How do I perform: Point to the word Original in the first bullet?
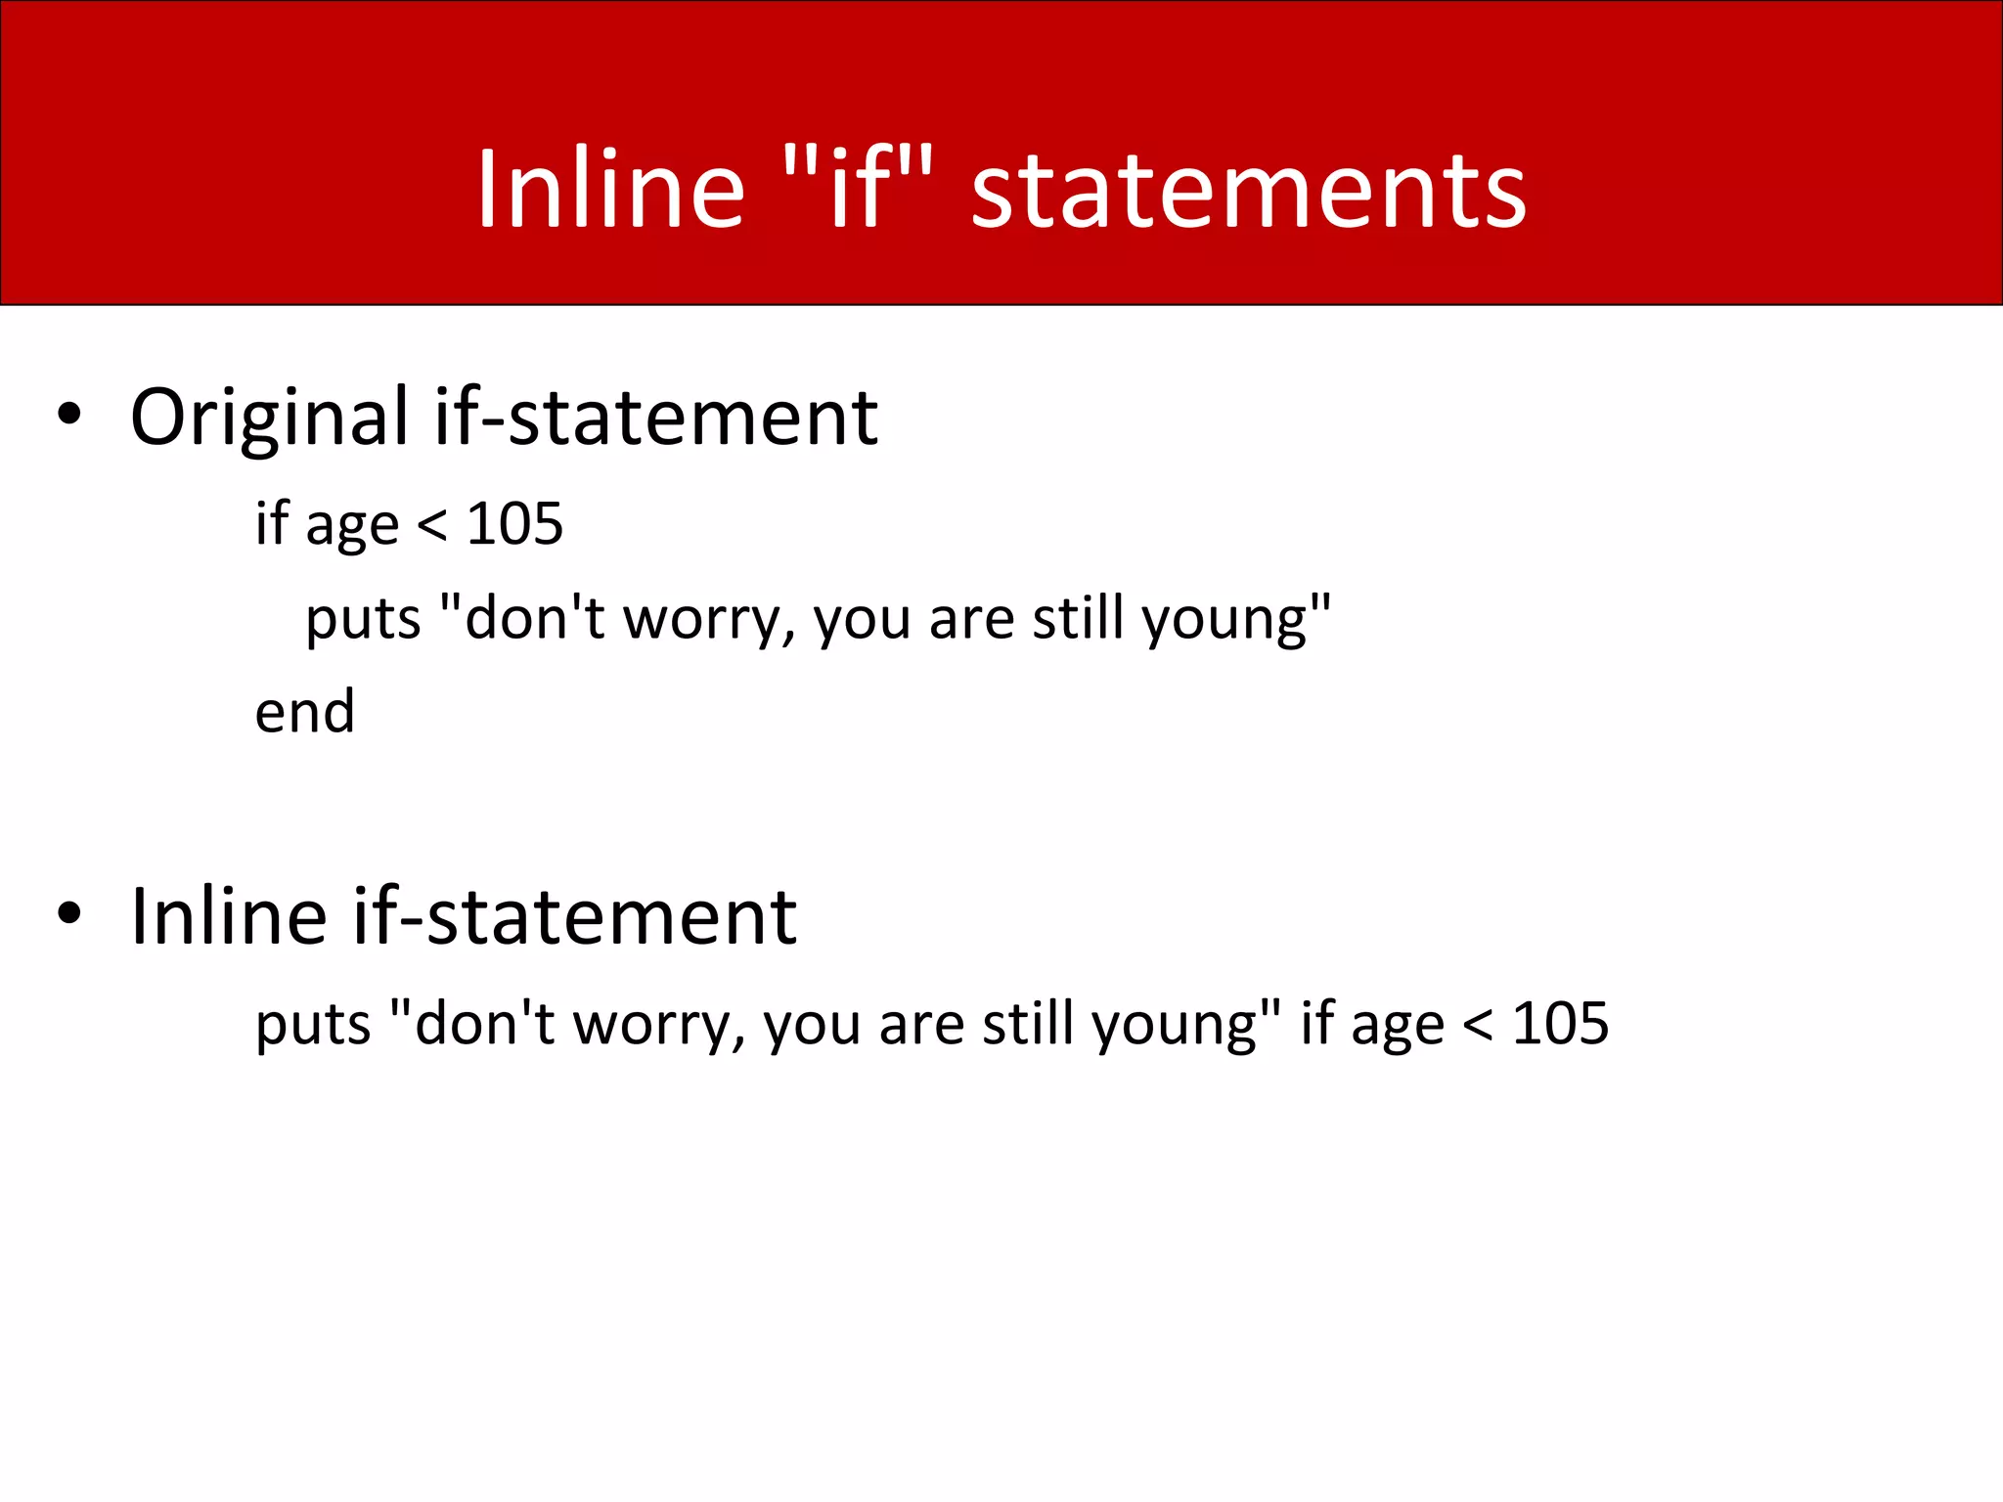pos(270,419)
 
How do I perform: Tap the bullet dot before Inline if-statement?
pos(68,913)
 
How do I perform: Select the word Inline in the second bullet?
pos(229,916)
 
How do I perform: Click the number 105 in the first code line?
pos(514,524)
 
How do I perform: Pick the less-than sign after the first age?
pos(432,526)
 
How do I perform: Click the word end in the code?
pos(304,712)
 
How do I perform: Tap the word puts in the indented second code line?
pos(363,620)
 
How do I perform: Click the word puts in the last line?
pos(313,1026)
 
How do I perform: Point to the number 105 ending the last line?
pos(1560,1024)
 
